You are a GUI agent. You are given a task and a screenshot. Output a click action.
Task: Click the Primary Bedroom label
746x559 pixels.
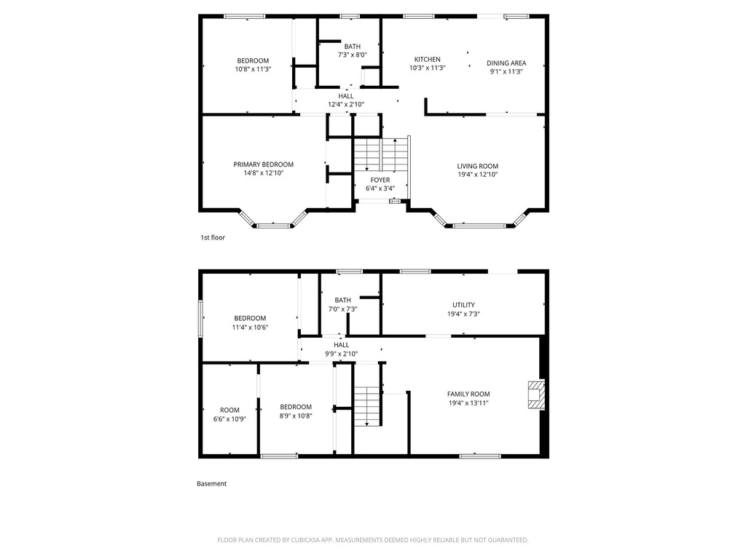click(263, 164)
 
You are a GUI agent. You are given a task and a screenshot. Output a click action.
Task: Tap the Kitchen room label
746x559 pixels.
click(427, 60)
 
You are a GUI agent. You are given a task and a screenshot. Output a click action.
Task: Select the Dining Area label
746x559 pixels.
click(506, 63)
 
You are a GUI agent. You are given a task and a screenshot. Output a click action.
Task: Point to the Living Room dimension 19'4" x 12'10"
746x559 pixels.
click(478, 175)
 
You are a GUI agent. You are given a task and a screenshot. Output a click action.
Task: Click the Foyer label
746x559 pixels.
click(380, 180)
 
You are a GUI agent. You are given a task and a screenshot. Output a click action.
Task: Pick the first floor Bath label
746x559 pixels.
click(352, 47)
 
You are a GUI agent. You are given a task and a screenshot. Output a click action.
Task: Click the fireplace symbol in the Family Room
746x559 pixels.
click(536, 395)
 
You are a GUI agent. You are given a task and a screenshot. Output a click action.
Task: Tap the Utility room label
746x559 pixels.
click(463, 305)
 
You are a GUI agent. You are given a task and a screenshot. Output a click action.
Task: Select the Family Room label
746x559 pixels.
click(468, 394)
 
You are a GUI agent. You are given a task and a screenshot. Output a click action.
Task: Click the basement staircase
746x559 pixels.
click(367, 405)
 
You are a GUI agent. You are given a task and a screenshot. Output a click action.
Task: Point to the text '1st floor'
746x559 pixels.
click(213, 237)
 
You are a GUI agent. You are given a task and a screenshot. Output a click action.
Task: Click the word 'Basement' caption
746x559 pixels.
click(211, 483)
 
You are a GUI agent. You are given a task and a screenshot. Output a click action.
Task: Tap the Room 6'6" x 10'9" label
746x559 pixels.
click(229, 410)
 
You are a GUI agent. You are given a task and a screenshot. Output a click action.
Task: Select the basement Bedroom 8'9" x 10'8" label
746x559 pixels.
click(296, 407)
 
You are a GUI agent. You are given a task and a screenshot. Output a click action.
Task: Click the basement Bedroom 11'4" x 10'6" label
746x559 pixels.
click(250, 318)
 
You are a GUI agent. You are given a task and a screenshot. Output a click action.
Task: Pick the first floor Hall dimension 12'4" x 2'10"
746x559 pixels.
click(346, 105)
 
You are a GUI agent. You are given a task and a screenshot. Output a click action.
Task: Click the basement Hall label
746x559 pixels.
click(341, 345)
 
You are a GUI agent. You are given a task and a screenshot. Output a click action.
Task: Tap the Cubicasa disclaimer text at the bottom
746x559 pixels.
click(372, 540)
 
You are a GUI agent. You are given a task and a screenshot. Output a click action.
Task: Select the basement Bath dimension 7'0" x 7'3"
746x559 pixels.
click(342, 309)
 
